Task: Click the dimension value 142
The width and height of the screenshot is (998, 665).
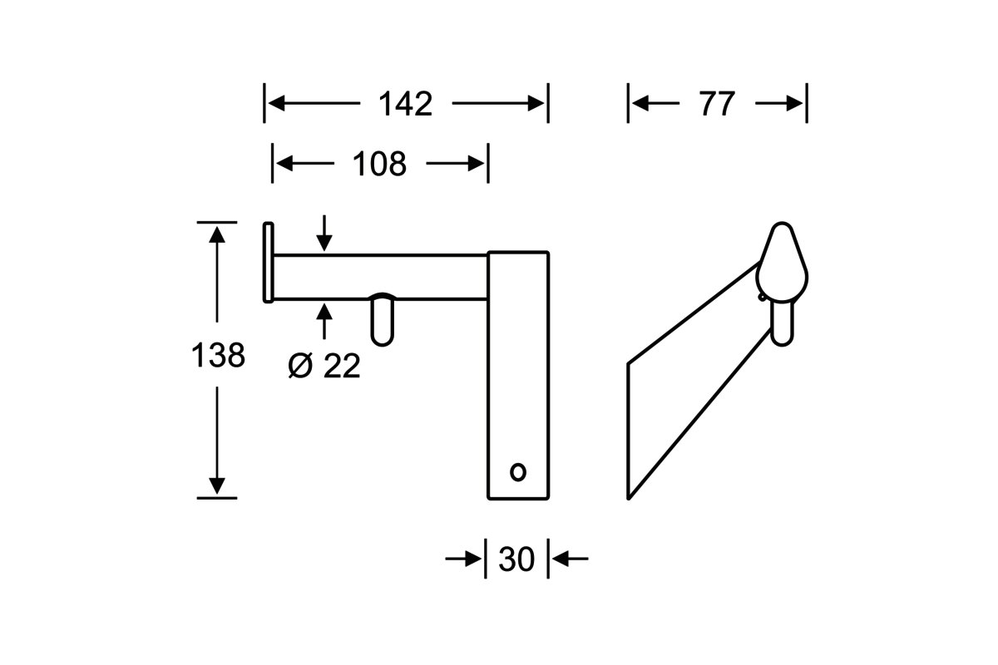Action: [406, 104]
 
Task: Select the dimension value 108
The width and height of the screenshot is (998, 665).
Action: [379, 165]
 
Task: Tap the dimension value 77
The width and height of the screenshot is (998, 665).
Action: [717, 104]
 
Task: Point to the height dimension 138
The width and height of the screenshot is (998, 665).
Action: [218, 356]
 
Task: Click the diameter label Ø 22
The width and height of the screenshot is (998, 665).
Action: [325, 366]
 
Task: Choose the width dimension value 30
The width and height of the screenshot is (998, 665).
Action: [516, 559]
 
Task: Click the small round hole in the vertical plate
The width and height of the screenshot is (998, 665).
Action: [517, 471]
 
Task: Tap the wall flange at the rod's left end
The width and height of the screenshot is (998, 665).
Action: [268, 262]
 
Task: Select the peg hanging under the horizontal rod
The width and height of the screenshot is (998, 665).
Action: [383, 319]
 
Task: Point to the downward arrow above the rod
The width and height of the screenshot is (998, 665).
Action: [324, 234]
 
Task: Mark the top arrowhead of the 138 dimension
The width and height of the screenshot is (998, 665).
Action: [217, 234]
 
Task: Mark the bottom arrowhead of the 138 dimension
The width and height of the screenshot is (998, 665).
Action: [217, 485]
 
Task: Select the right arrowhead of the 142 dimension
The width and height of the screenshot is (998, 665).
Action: [536, 104]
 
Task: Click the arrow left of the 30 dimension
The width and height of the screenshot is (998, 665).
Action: [463, 559]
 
